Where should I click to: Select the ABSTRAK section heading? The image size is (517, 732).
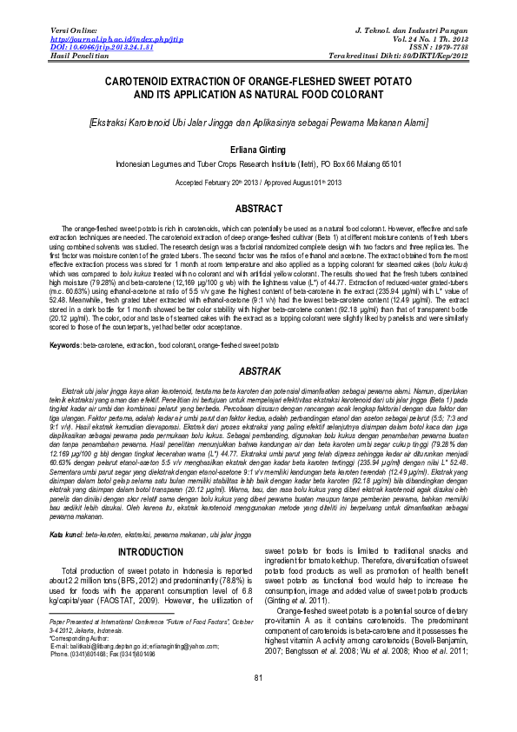[x=258, y=372]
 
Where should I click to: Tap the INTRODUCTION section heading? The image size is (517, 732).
[x=150, y=528]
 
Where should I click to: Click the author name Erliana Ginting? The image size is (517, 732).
[x=258, y=150]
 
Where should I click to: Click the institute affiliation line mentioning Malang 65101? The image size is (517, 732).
[x=258, y=163]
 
